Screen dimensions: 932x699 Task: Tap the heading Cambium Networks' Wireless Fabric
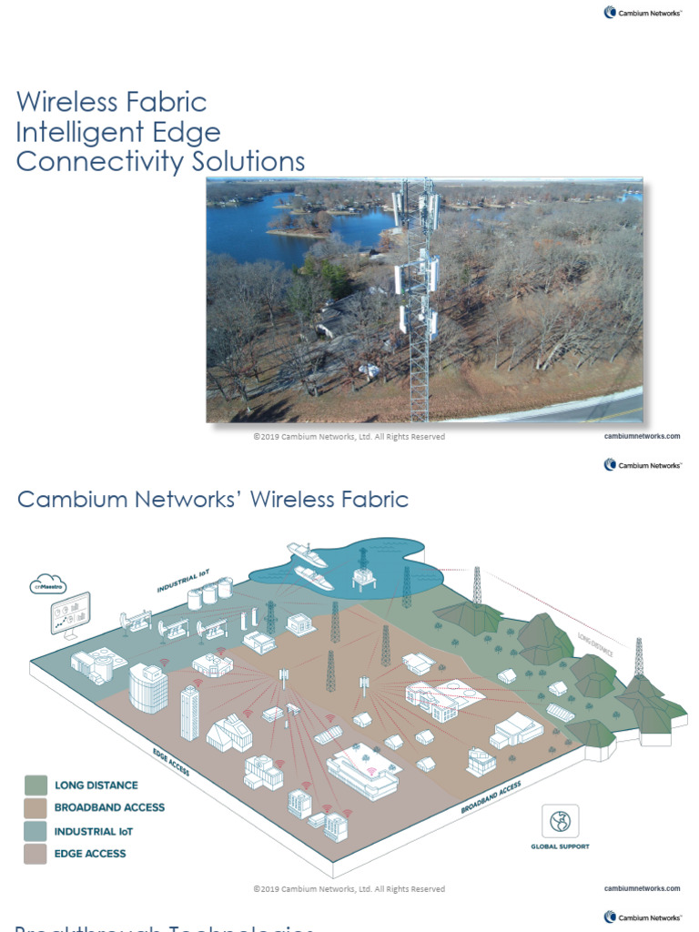[x=213, y=500]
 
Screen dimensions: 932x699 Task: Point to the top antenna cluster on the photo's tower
[x=415, y=208]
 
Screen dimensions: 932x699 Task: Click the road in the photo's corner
[x=592, y=406]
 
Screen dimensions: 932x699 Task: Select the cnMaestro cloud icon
[x=47, y=583]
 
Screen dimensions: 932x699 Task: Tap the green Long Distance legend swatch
[x=36, y=785]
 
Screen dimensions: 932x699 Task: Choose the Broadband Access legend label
[x=109, y=807]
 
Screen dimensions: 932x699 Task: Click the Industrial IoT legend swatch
[x=36, y=831]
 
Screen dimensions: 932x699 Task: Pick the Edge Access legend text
[x=90, y=854]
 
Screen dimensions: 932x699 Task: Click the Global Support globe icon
[x=560, y=821]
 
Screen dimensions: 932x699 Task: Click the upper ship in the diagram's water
[x=307, y=552]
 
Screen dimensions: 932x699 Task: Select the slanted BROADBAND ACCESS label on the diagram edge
[x=491, y=796]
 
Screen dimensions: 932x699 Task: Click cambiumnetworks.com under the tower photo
[x=642, y=437]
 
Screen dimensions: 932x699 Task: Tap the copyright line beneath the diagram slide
[x=349, y=888]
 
